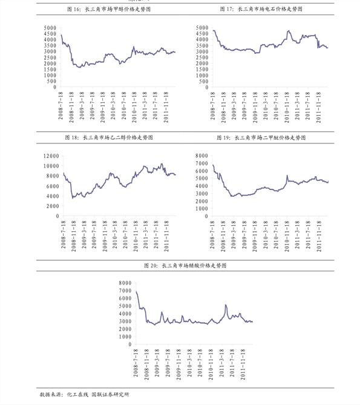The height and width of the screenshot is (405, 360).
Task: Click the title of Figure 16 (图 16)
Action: click(109, 9)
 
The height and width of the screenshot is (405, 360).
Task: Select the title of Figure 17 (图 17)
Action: click(261, 9)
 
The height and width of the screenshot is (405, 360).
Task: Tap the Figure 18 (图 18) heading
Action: click(109, 137)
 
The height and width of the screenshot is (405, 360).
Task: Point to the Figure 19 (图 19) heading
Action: click(261, 137)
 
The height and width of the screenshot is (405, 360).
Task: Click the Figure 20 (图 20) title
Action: click(185, 266)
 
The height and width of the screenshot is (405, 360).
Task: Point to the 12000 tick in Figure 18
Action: click(51, 156)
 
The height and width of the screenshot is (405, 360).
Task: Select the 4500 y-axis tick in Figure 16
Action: click(50, 33)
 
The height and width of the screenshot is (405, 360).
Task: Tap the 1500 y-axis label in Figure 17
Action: click(202, 69)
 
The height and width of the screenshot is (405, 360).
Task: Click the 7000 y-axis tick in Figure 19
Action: click(202, 163)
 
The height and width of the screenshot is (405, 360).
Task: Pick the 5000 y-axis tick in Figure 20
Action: click(125, 306)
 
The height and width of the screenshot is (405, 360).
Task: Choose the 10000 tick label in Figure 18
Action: click(51, 166)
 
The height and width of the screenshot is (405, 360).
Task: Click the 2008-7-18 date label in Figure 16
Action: click(61, 105)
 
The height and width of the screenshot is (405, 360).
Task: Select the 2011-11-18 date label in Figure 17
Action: click(319, 107)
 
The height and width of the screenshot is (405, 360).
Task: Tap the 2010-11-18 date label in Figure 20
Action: click(211, 364)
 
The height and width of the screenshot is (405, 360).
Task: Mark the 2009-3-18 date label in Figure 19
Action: click(234, 235)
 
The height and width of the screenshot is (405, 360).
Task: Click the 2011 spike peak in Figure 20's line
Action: click(226, 305)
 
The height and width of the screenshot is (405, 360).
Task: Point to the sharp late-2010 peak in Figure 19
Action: click(287, 176)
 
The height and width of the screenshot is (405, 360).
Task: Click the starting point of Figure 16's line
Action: click(61, 35)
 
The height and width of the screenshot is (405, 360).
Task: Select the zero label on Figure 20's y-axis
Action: click(130, 344)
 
